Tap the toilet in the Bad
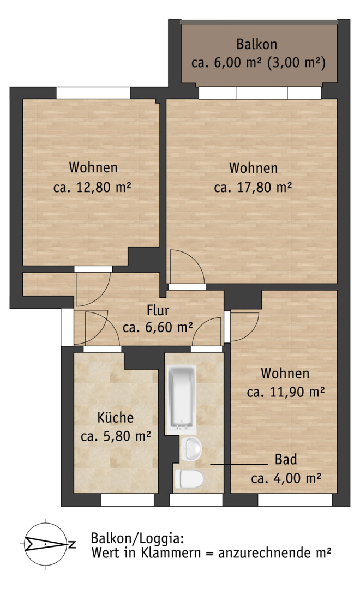[x=189, y=479]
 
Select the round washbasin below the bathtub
[x=191, y=449]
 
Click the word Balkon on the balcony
[x=257, y=44]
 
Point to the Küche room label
[x=116, y=417]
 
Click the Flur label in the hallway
[x=158, y=310]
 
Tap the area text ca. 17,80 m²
[x=253, y=187]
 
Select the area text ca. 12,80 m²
[x=92, y=187]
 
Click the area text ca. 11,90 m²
[x=286, y=392]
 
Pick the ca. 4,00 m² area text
[x=286, y=478]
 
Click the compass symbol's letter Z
[x=72, y=544]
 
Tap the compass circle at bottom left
[x=45, y=544]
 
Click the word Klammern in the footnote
[x=171, y=552]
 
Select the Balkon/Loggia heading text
[x=137, y=539]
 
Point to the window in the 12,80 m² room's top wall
[x=93, y=93]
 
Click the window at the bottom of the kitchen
[x=128, y=500]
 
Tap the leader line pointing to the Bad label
[x=239, y=464]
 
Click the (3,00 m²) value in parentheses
[x=297, y=62]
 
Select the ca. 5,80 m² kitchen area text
[x=116, y=436]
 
